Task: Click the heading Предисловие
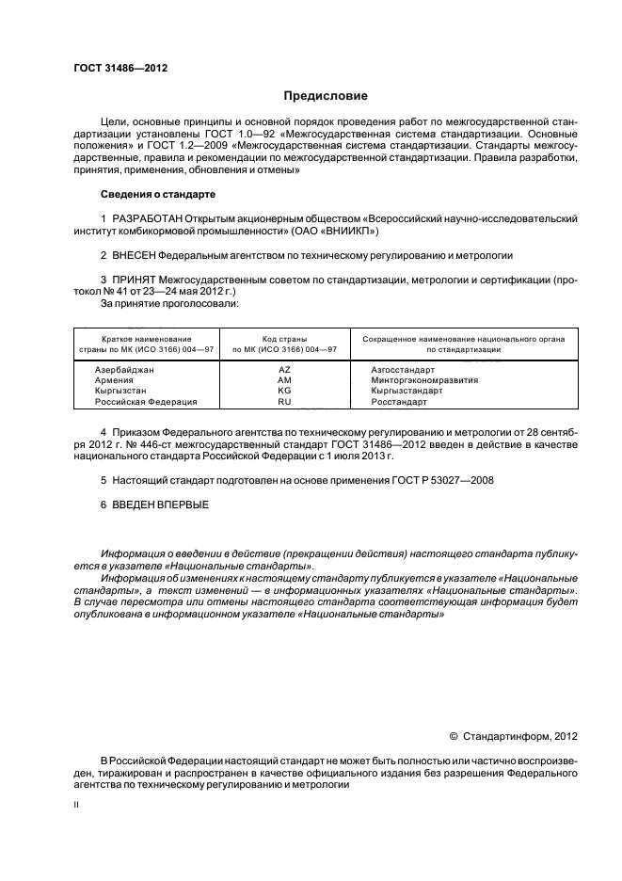pyautogui.click(x=326, y=96)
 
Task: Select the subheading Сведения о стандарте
pyautogui.click(x=158, y=194)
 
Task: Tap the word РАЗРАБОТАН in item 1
pyautogui.click(x=146, y=218)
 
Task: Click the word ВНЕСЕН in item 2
pyautogui.click(x=135, y=255)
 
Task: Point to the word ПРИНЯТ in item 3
pyautogui.click(x=135, y=280)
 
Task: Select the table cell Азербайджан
pyautogui.click(x=124, y=370)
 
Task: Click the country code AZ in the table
pyautogui.click(x=284, y=370)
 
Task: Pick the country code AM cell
pyautogui.click(x=284, y=380)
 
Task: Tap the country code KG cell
pyautogui.click(x=284, y=391)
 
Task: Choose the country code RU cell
pyautogui.click(x=284, y=402)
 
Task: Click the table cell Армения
pyautogui.click(x=117, y=380)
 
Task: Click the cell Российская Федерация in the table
pyautogui.click(x=146, y=402)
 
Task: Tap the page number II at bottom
pyautogui.click(x=76, y=807)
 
